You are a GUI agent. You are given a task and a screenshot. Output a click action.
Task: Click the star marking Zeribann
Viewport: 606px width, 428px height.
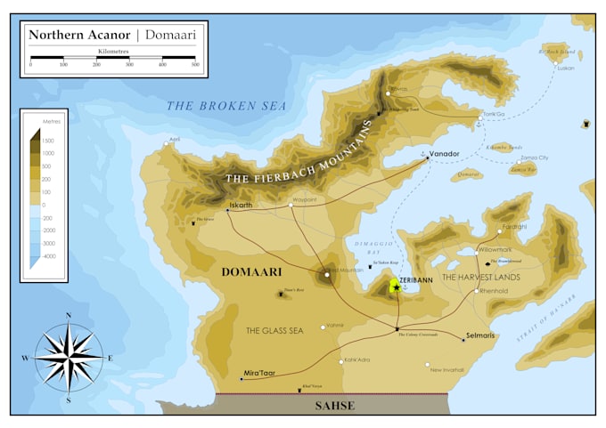tap(396, 287)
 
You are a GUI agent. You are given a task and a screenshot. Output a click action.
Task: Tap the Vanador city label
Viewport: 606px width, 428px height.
tap(444, 154)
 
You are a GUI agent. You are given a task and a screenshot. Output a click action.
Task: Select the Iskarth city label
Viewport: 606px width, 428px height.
tap(242, 205)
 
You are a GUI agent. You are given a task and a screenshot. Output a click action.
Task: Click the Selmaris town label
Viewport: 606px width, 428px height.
tap(479, 336)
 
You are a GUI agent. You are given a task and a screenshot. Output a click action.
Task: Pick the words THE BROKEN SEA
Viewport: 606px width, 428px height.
tap(226, 106)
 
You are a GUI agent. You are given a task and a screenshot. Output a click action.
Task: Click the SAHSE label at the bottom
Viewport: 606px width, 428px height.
tap(335, 406)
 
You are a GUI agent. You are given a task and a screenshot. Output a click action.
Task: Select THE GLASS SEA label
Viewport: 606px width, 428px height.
tap(275, 330)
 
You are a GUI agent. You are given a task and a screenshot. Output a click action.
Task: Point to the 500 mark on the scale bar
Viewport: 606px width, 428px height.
tap(194, 65)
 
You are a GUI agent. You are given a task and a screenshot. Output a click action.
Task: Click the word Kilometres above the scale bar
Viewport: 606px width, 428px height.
tap(112, 52)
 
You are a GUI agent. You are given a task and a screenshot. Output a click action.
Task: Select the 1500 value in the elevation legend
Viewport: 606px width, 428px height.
tap(48, 140)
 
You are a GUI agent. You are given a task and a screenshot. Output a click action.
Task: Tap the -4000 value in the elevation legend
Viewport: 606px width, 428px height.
tap(50, 255)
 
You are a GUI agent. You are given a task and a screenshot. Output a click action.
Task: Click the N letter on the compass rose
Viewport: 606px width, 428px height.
tap(68, 316)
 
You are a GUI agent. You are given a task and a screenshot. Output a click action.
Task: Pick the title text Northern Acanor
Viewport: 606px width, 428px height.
tap(79, 35)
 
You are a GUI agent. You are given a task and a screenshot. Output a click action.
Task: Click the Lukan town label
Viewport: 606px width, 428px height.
tap(566, 68)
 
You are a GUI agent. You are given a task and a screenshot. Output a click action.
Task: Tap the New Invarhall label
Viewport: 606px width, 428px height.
tap(447, 369)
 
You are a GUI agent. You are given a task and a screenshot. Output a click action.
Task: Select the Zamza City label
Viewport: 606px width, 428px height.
tap(535, 157)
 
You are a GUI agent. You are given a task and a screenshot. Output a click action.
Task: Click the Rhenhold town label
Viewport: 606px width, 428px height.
tap(494, 291)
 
